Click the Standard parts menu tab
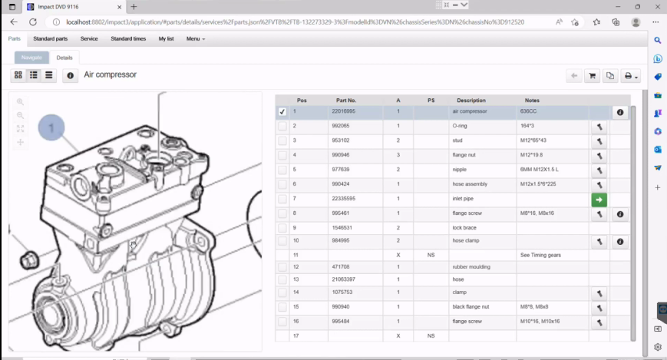point(50,38)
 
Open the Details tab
point(64,58)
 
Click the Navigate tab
point(31,58)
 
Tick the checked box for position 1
point(282,112)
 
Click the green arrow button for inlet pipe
point(599,200)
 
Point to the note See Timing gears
point(540,255)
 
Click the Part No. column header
point(346,100)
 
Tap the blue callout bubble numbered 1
point(51,127)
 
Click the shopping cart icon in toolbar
point(592,76)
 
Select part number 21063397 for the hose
point(345,279)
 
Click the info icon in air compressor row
point(620,112)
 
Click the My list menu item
point(167,38)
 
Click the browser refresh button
point(33,22)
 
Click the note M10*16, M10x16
point(540,322)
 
